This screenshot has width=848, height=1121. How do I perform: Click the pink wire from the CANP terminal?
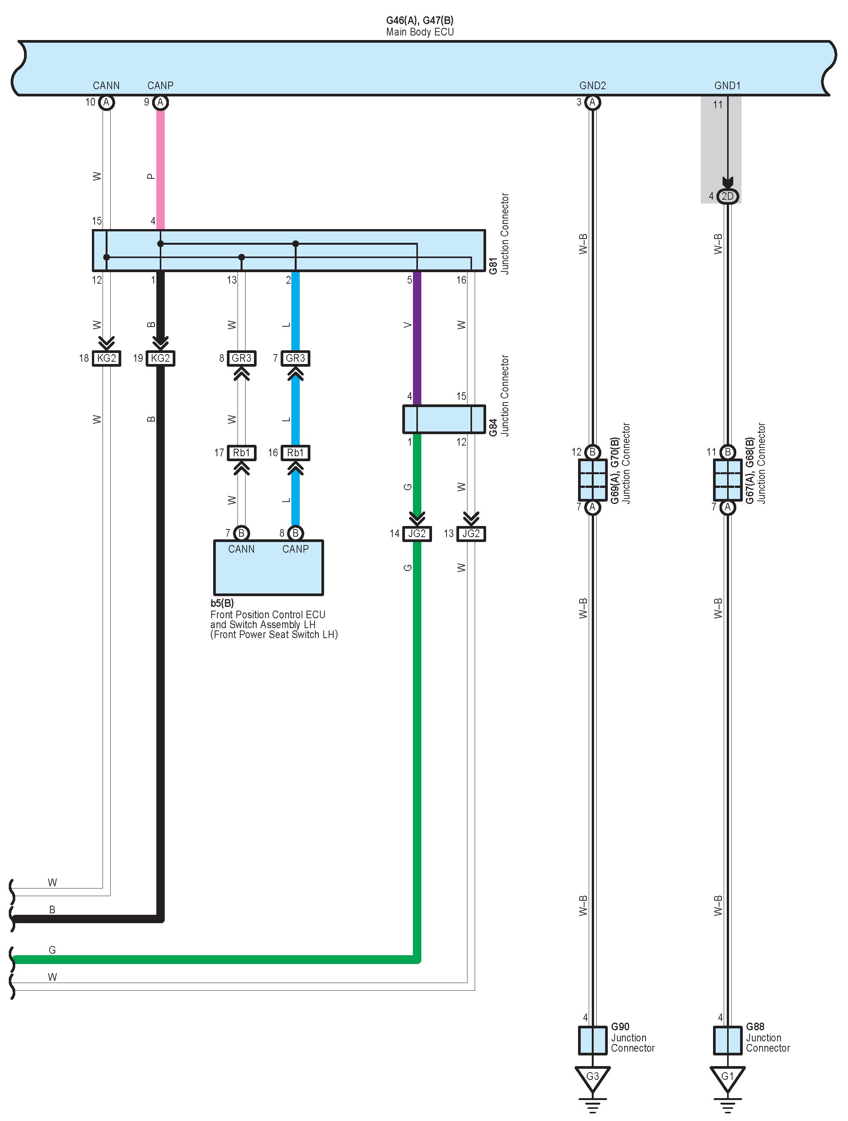[x=160, y=167]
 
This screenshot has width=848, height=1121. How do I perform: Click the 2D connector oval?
[x=728, y=196]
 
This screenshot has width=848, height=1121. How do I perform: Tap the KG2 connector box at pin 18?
[x=106, y=358]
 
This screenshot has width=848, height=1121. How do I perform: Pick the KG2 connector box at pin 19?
[x=160, y=358]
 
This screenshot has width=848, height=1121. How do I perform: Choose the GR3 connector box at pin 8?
[x=241, y=358]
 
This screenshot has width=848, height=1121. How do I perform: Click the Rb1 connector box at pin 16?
[x=296, y=452]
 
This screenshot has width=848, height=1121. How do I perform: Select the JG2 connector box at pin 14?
[x=417, y=534]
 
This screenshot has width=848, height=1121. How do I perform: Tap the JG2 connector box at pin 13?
[x=471, y=534]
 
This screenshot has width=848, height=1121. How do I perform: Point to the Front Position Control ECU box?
[x=268, y=568]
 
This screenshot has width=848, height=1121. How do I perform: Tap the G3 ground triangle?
[x=593, y=1077]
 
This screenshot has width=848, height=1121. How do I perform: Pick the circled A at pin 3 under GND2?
[x=593, y=103]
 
